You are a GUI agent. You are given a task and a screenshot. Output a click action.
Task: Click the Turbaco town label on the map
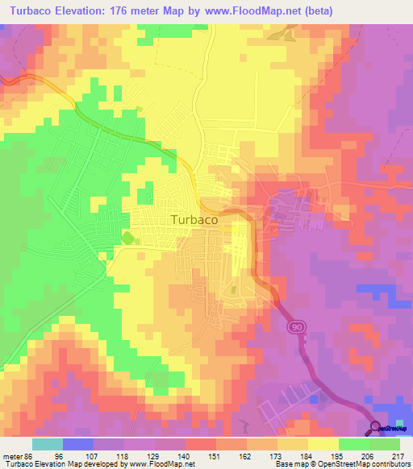195,218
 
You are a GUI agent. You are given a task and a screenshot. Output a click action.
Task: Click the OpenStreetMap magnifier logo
376,427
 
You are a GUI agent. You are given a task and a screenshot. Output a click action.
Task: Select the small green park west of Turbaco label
127,238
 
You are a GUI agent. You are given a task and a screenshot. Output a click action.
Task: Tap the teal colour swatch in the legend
47,444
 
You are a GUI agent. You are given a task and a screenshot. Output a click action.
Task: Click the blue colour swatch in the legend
77,444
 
